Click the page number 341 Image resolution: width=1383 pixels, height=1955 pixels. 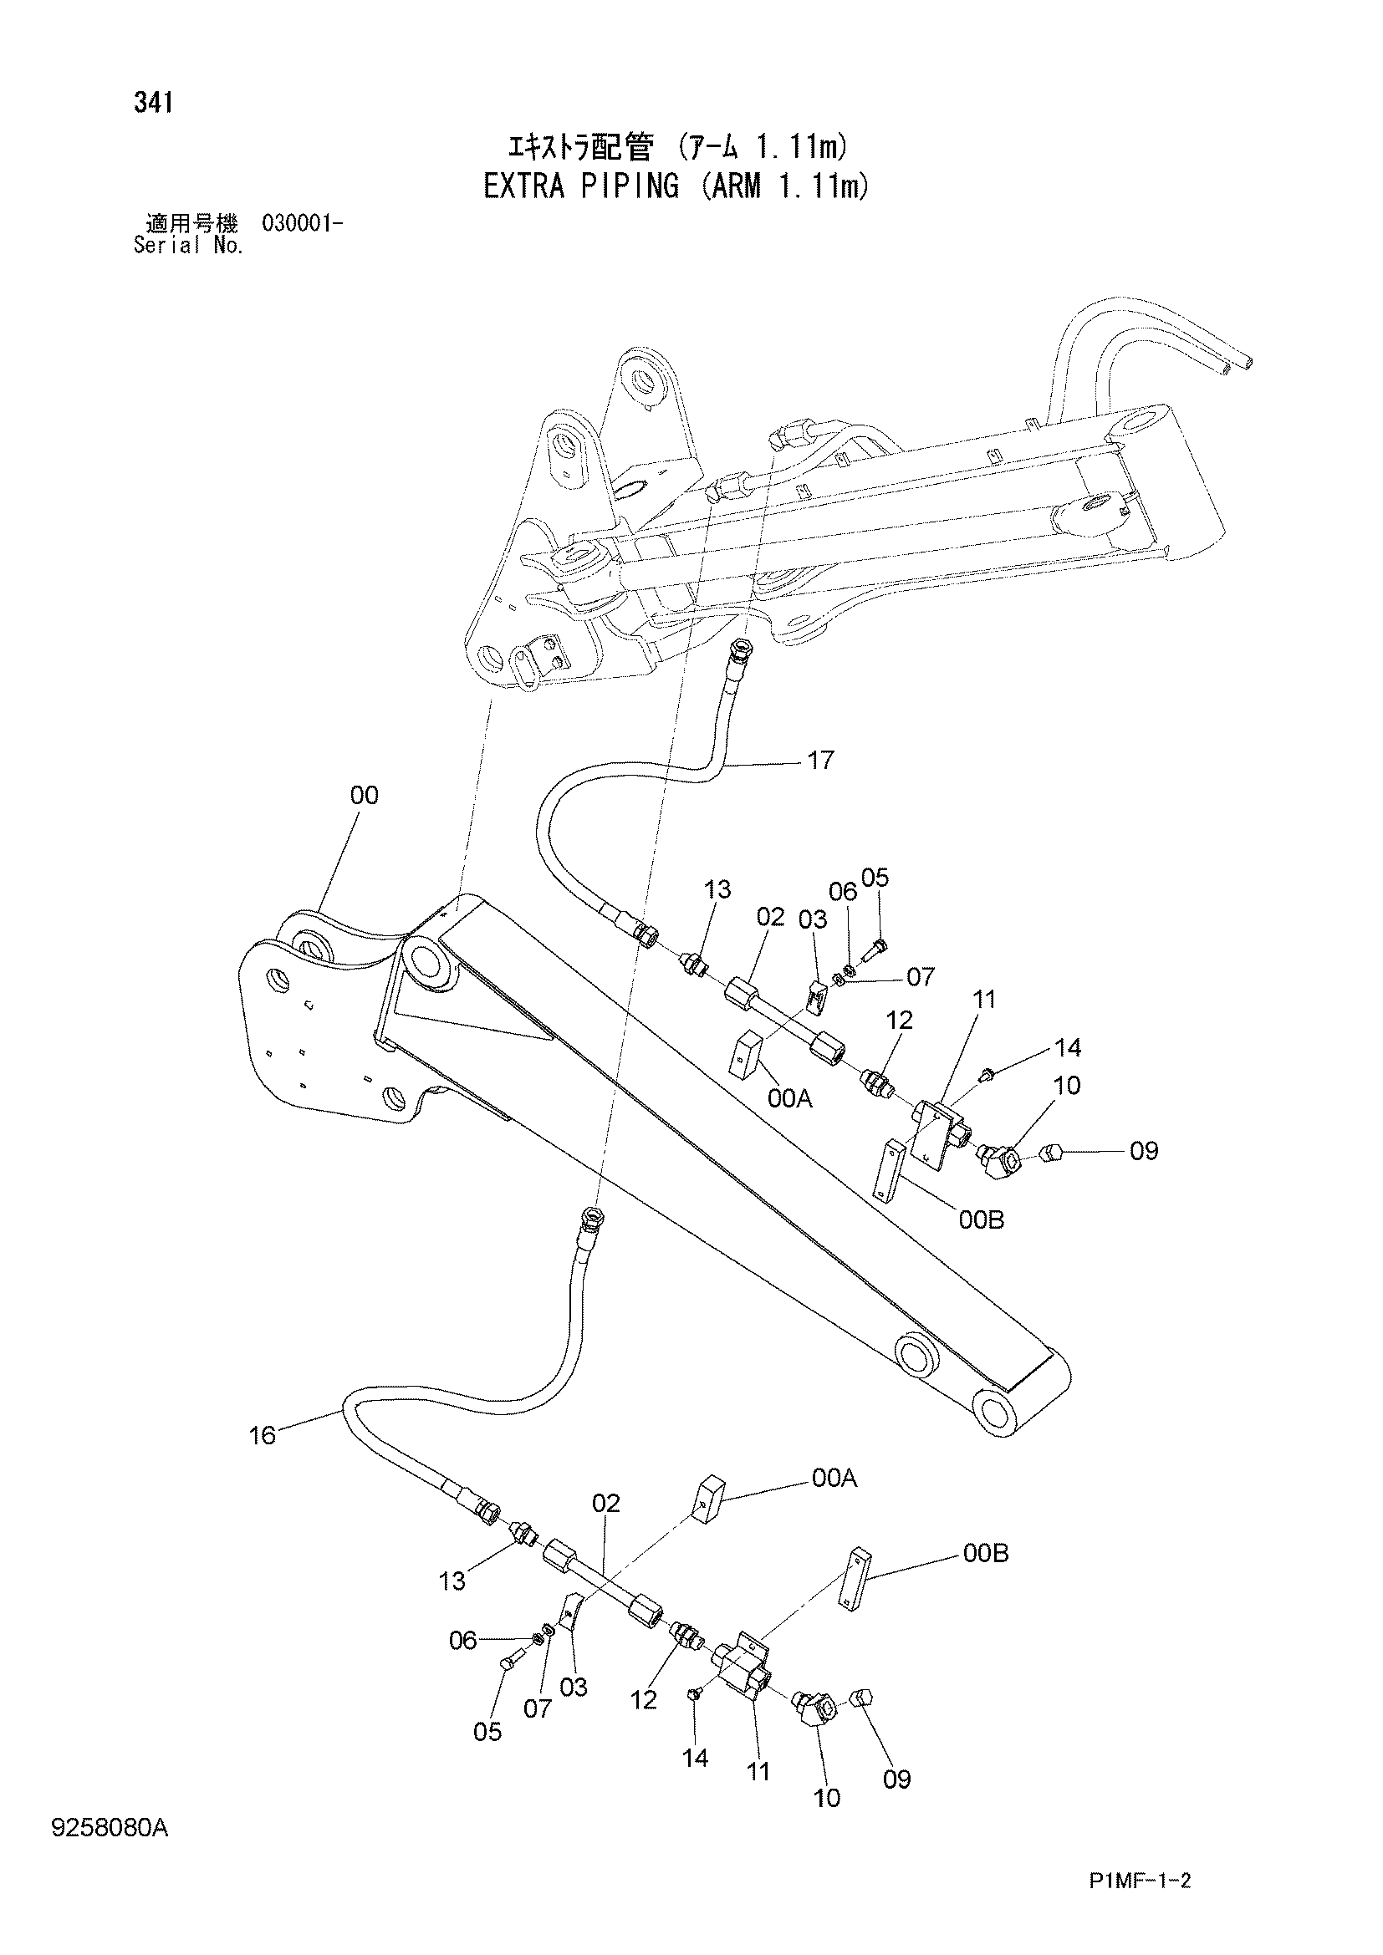[x=153, y=103]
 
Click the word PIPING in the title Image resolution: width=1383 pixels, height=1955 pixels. [x=630, y=186]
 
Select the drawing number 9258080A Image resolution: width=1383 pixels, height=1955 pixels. [x=110, y=1827]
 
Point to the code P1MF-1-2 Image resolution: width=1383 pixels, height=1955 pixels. [x=1140, y=1905]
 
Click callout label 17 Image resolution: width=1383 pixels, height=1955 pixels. [x=820, y=760]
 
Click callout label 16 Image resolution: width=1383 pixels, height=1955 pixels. [x=263, y=1436]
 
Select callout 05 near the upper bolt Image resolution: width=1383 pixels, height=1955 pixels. [x=875, y=877]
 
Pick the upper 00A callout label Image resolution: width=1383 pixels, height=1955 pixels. [x=789, y=1099]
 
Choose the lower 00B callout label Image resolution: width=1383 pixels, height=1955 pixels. [x=985, y=1554]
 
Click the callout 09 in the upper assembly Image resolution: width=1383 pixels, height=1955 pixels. [x=1144, y=1151]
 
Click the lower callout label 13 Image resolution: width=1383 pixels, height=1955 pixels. [x=452, y=1581]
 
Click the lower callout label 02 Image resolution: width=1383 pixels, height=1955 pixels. [x=606, y=1503]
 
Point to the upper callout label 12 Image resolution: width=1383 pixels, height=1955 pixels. [x=900, y=1020]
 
